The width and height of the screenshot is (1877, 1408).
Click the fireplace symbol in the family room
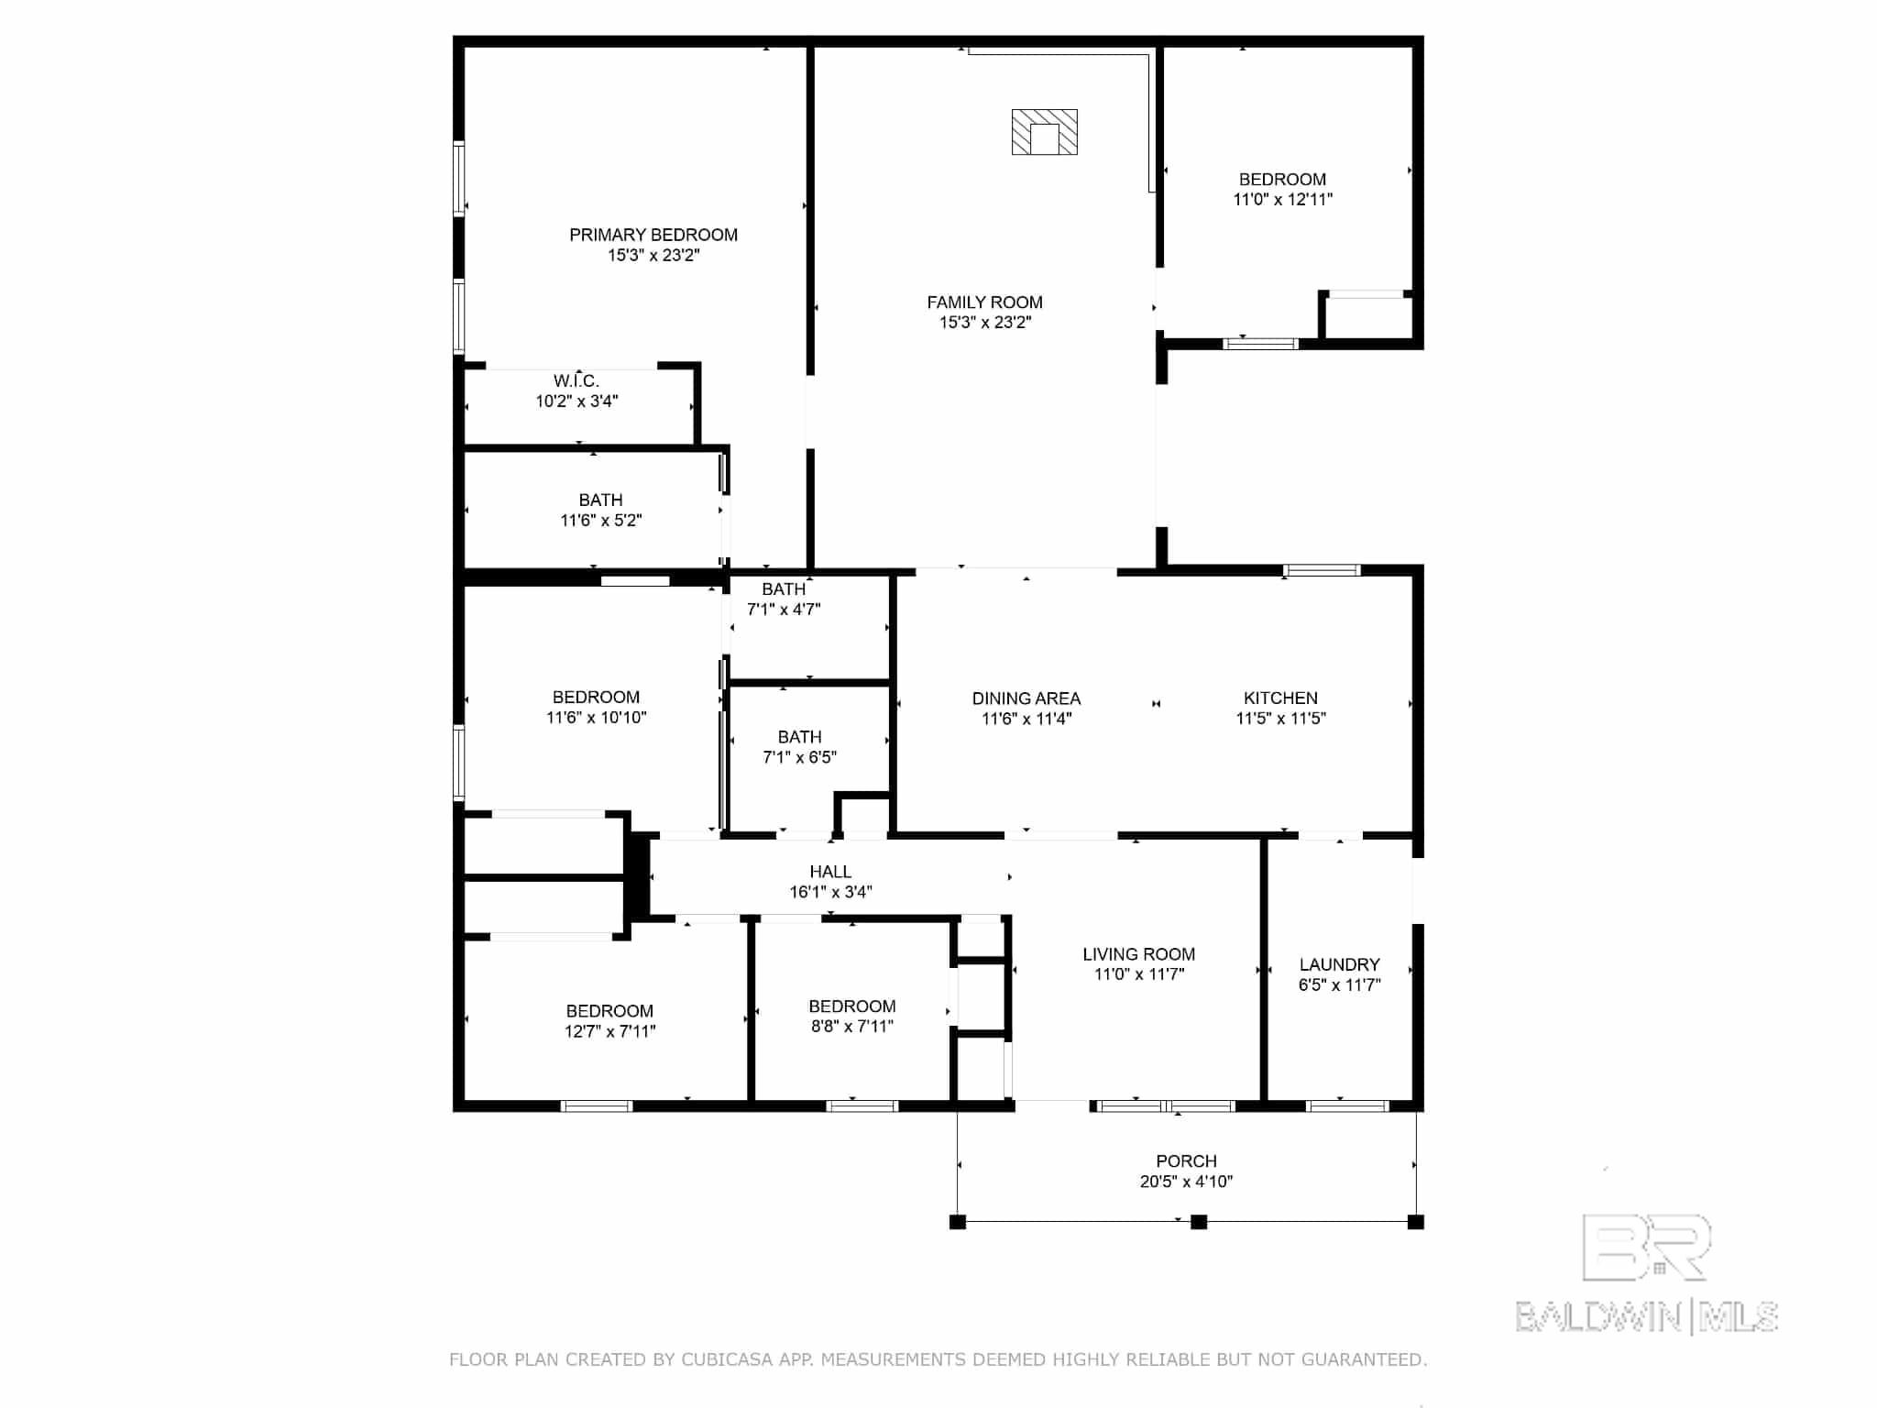coord(1044,132)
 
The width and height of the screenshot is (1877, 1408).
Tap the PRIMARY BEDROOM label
coord(653,235)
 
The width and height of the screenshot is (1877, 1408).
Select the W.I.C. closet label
coord(576,380)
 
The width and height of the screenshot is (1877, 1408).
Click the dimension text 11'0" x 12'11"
coord(1282,200)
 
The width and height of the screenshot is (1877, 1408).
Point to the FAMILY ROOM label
coord(984,302)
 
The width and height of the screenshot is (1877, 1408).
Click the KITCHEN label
coord(1280,698)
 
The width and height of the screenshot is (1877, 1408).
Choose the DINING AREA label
coord(1026,698)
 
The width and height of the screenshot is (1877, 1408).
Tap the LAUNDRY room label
coord(1339,964)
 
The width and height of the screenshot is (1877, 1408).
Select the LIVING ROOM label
coord(1138,954)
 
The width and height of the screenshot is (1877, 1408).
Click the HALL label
coord(830,872)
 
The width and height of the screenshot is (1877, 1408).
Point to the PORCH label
coord(1186,1161)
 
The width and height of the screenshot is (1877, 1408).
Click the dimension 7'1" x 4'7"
coord(784,610)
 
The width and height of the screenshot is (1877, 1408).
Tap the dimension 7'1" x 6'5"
coord(799,757)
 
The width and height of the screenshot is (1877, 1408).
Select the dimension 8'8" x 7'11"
coord(851,1027)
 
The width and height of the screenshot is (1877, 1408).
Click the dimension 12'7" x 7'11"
coord(609,1031)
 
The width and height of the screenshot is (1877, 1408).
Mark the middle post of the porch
coord(1198,1222)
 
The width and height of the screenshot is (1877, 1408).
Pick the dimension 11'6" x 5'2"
coord(601,521)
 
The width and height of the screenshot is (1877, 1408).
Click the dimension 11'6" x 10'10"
coord(597,718)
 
